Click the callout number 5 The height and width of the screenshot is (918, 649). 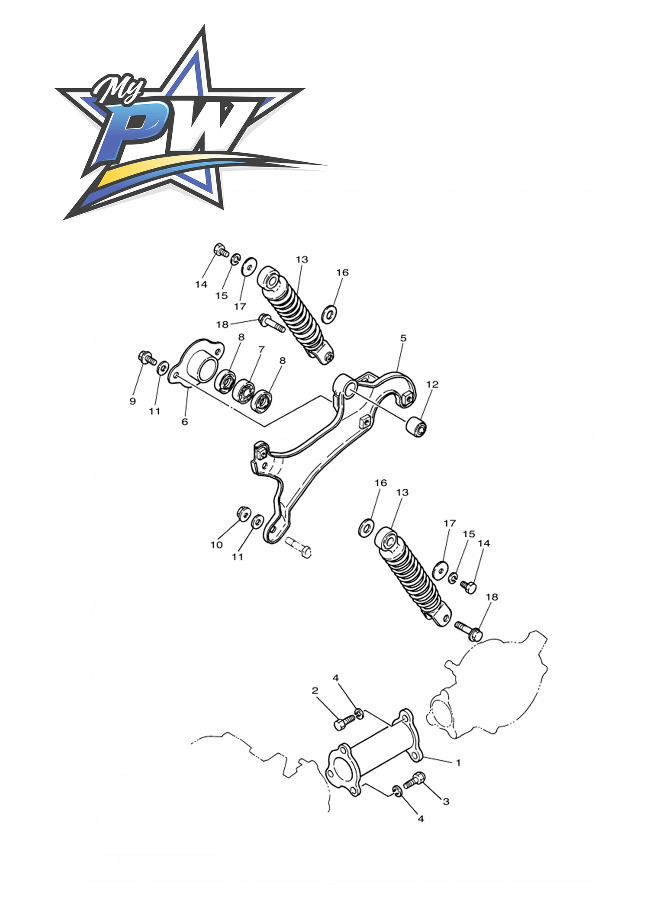coord(403,338)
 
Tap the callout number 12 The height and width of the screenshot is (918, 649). coord(432,384)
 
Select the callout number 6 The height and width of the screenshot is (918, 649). coord(185,421)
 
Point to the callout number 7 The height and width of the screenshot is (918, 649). coord(261,349)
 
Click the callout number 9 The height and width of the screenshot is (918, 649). coord(132,401)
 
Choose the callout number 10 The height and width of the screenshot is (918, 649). coord(216,545)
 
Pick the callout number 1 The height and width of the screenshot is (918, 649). coord(458,763)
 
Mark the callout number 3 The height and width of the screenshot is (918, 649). coord(446,802)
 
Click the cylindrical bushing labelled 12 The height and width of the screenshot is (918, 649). coord(416,427)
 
